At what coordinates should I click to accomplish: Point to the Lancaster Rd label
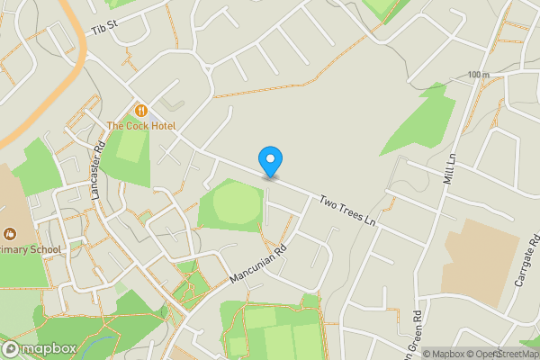(x=99, y=168)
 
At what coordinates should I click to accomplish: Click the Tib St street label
(x=105, y=29)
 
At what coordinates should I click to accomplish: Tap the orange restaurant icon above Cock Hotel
(x=141, y=110)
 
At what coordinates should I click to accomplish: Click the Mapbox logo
(x=38, y=348)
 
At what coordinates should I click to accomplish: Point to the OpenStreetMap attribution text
(x=502, y=354)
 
